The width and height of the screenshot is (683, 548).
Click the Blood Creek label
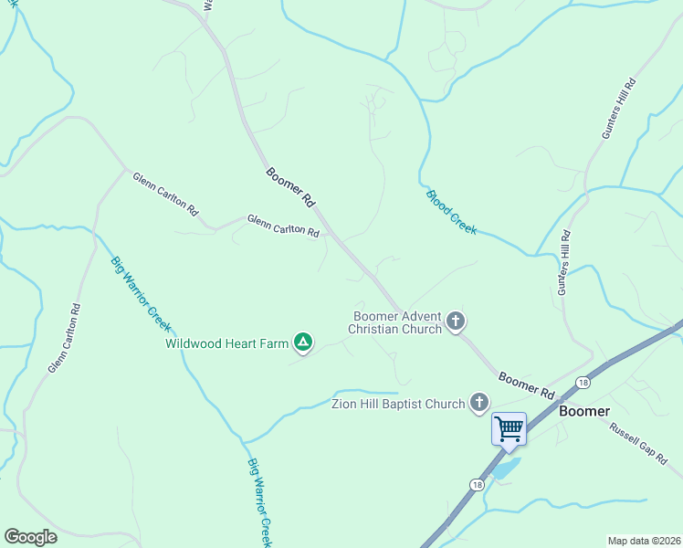click(451, 212)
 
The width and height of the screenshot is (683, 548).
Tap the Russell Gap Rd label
click(639, 444)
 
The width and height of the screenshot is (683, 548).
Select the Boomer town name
click(584, 411)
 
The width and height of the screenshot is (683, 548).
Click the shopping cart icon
click(509, 427)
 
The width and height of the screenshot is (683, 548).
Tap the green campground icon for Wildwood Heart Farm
click(303, 343)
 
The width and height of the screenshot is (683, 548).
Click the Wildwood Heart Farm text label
click(226, 344)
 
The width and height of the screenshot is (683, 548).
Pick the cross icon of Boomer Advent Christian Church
click(456, 321)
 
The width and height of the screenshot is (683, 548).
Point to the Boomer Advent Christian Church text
click(397, 322)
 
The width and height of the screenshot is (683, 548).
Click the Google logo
click(30, 537)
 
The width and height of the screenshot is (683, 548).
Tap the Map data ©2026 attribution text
click(644, 540)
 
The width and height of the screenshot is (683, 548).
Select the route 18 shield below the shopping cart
click(477, 484)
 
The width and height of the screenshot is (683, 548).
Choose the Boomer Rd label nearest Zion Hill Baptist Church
click(527, 385)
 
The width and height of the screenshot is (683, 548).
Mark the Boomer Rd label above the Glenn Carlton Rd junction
click(290, 186)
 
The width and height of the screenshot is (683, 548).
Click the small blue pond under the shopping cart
click(505, 469)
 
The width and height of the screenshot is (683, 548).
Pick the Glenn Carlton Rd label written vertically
click(65, 338)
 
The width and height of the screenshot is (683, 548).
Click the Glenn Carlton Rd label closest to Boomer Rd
click(283, 226)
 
